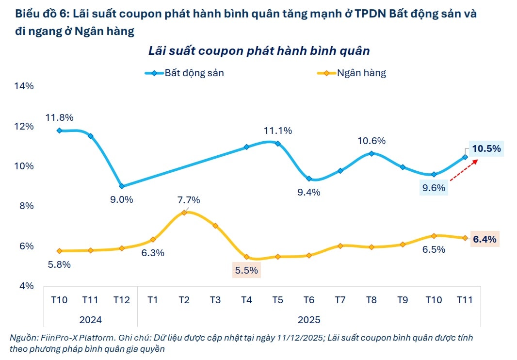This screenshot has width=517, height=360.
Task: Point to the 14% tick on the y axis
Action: point(23,86)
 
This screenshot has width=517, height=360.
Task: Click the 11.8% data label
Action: point(59,117)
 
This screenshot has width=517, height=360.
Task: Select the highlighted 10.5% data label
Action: point(486,149)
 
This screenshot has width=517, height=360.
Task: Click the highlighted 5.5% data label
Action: point(246,271)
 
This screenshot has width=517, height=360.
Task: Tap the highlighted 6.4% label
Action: point(484,239)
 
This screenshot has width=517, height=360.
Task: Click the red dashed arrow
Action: point(464,170)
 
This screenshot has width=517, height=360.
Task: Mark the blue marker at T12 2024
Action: point(122,186)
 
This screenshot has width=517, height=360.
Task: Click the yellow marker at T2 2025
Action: point(184,213)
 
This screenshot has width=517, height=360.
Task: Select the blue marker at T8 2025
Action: point(372,153)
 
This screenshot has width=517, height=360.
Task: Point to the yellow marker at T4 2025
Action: point(246,257)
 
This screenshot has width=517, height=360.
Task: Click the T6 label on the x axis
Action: point(308,300)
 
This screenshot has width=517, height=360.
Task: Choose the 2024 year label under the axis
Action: point(90,320)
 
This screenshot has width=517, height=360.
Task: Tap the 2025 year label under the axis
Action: point(308,320)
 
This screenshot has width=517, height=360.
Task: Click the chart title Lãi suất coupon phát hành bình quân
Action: point(259,51)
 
